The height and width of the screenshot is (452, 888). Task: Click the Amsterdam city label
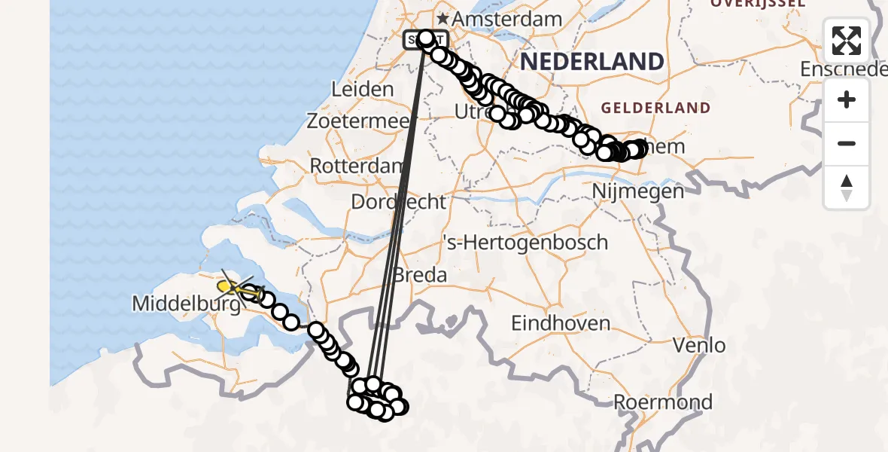point(509,19)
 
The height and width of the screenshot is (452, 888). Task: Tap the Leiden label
point(363,89)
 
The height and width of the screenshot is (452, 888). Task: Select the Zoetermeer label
point(357,121)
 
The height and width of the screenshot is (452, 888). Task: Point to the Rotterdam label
point(357,166)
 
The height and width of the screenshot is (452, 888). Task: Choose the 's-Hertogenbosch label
point(525,243)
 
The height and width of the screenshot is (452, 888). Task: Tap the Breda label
point(420,275)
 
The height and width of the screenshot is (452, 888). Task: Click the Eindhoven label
point(561,323)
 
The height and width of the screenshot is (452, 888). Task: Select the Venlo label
point(700,346)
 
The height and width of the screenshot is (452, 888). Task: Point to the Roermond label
point(663,402)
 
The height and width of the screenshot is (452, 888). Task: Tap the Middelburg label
point(186,304)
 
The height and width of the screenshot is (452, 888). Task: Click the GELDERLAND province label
point(655,108)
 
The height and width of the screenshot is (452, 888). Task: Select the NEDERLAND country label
point(592,61)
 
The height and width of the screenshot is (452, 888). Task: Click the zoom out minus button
point(847,143)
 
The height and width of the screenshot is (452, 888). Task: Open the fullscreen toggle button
point(847,41)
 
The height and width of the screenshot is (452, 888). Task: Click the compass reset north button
point(847,188)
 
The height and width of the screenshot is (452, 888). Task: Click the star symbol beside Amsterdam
point(444,19)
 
